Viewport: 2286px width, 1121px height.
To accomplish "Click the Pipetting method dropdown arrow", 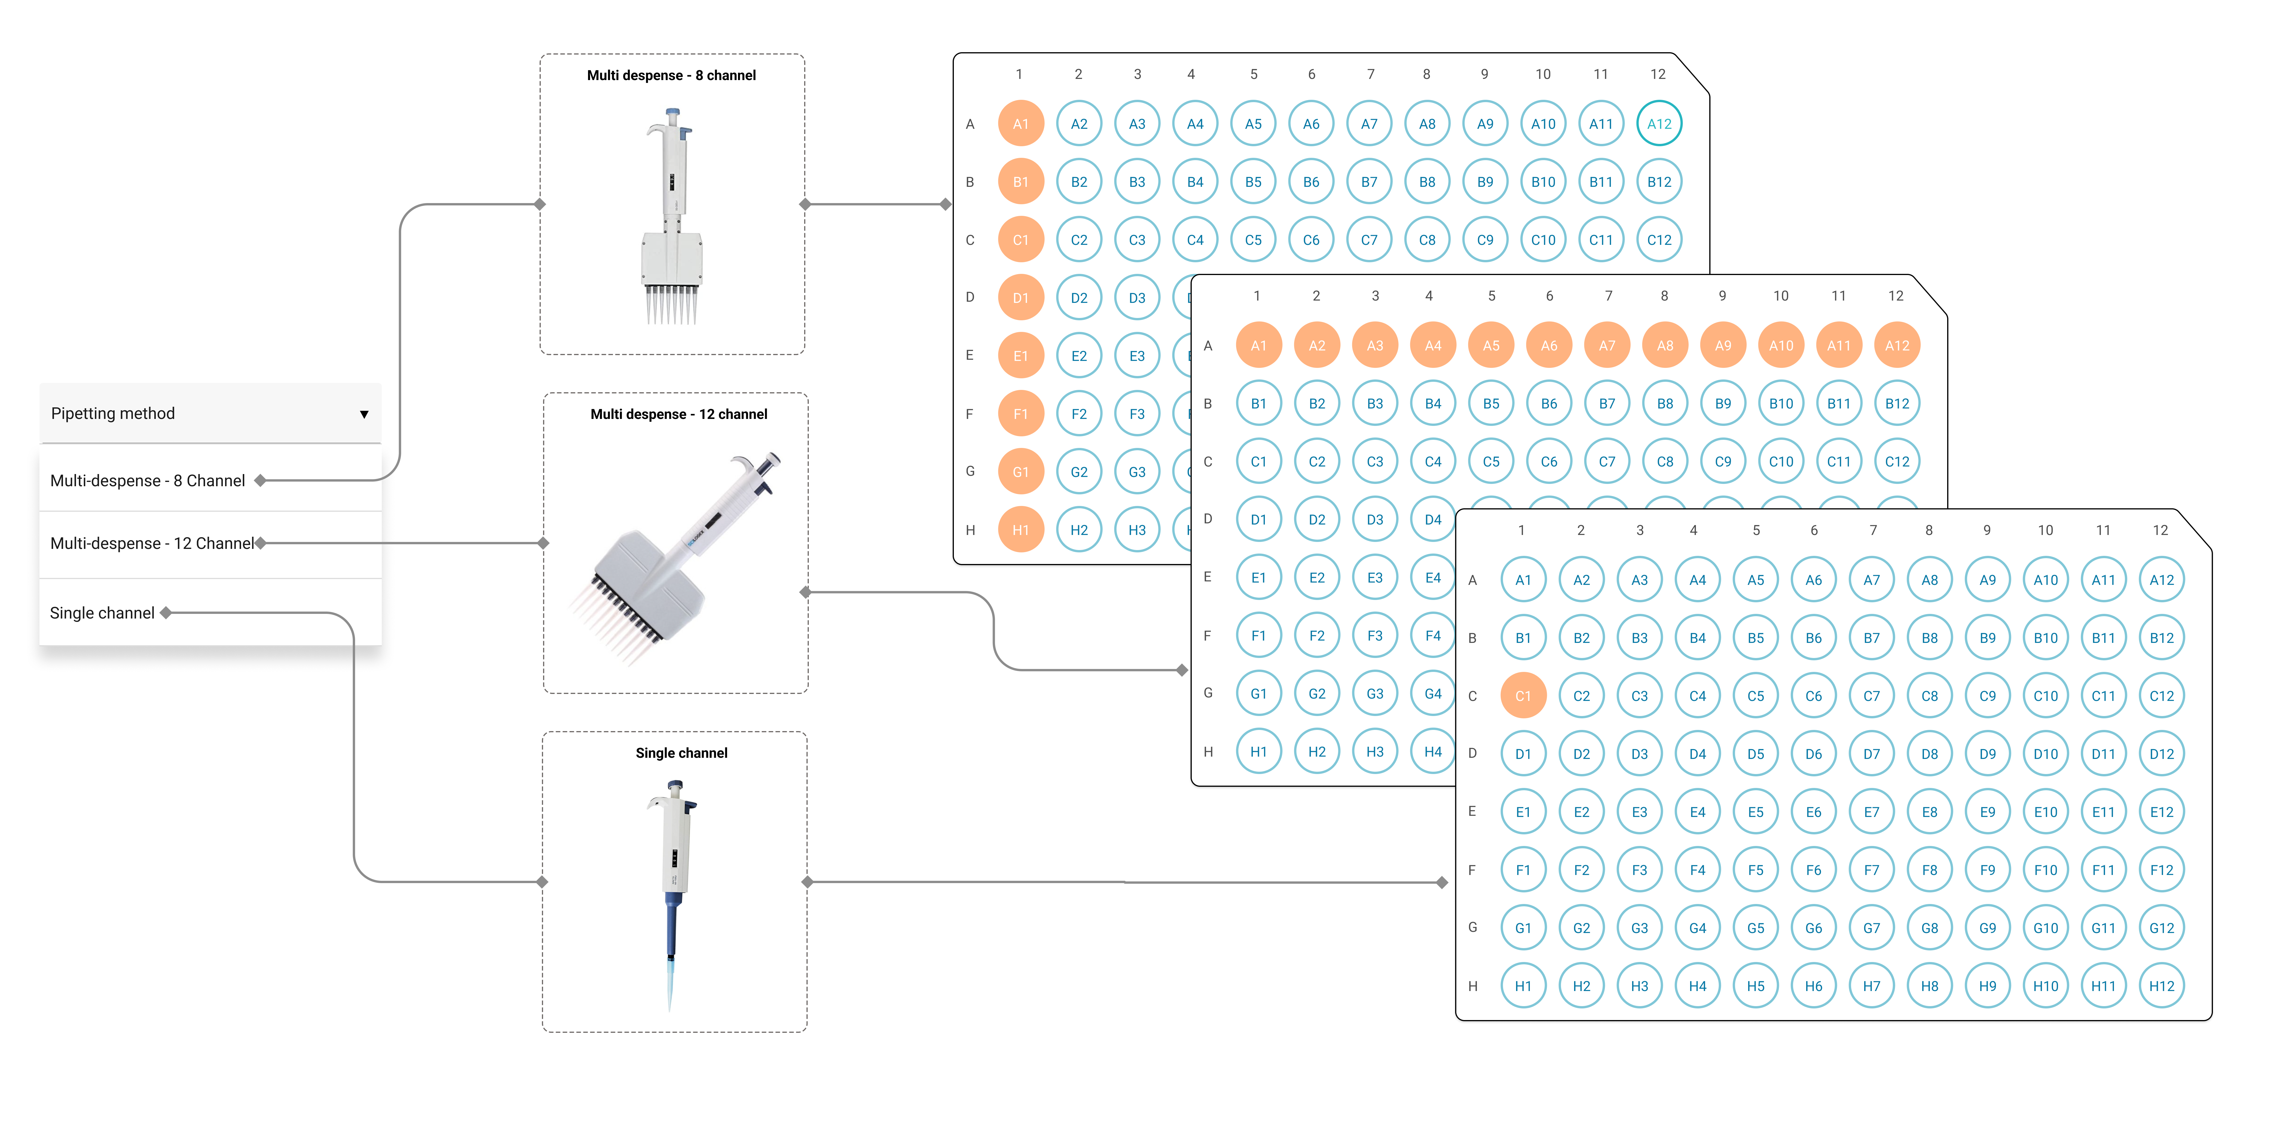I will tap(364, 415).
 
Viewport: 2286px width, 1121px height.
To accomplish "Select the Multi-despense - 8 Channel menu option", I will tap(147, 480).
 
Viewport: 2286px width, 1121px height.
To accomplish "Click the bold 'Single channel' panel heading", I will tap(681, 753).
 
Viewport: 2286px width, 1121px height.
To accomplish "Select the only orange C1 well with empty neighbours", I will tap(1523, 696).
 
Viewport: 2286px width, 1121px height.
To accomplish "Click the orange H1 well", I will tap(1021, 530).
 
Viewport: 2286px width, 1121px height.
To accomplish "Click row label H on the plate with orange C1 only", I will tap(1472, 986).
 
